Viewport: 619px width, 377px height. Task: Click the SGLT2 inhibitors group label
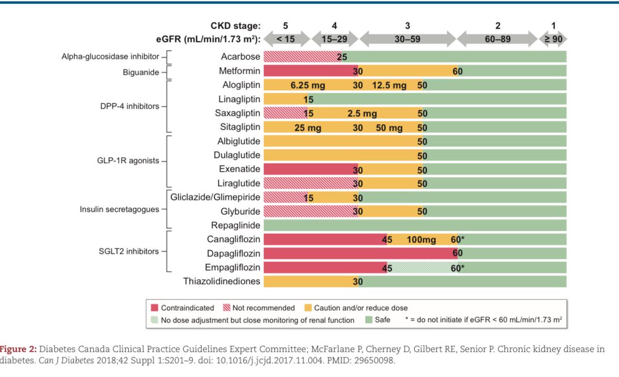point(129,252)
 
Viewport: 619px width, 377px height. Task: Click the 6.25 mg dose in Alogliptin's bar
point(305,85)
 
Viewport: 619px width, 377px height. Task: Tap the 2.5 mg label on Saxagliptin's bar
point(362,113)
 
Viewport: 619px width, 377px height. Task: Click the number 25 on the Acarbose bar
point(341,57)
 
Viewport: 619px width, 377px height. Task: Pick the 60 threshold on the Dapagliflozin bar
point(457,254)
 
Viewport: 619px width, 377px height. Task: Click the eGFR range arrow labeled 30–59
point(407,39)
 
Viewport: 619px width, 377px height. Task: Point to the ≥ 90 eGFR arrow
point(552,39)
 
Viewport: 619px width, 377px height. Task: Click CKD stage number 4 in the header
point(335,25)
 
